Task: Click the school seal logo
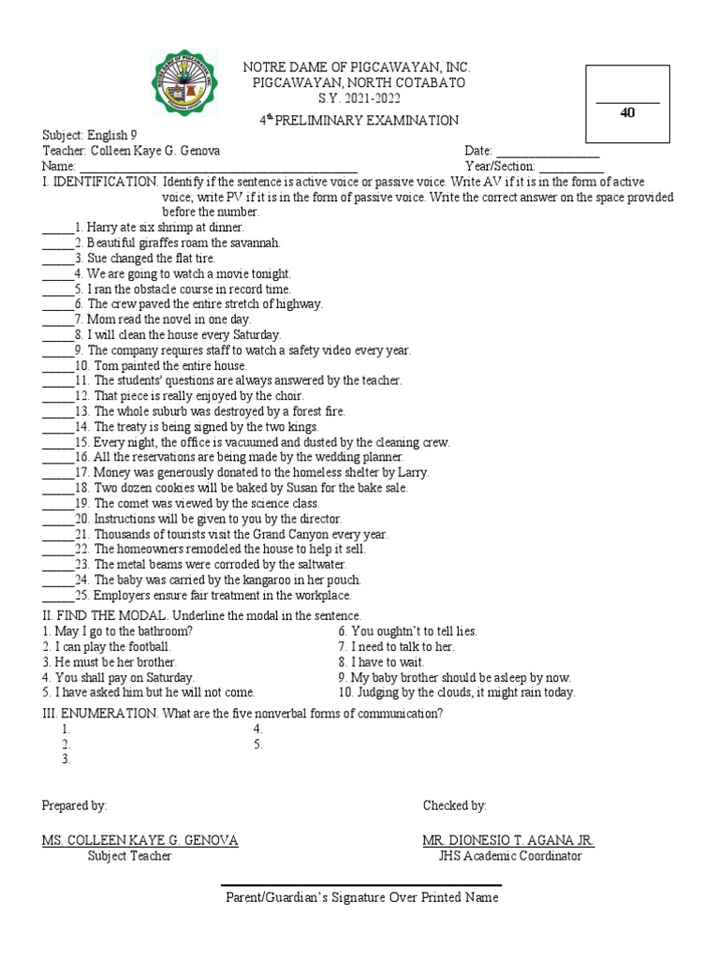coord(188,83)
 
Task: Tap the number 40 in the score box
coord(627,112)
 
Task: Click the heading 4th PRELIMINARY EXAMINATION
coord(359,120)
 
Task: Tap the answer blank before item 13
coord(56,412)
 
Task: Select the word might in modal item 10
coord(502,693)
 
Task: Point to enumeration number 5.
coord(257,745)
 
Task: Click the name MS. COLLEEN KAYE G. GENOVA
coord(139,840)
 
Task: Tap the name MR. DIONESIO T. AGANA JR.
coord(508,840)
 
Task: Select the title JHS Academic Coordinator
coord(509,856)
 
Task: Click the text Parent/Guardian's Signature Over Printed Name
coord(362,898)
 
